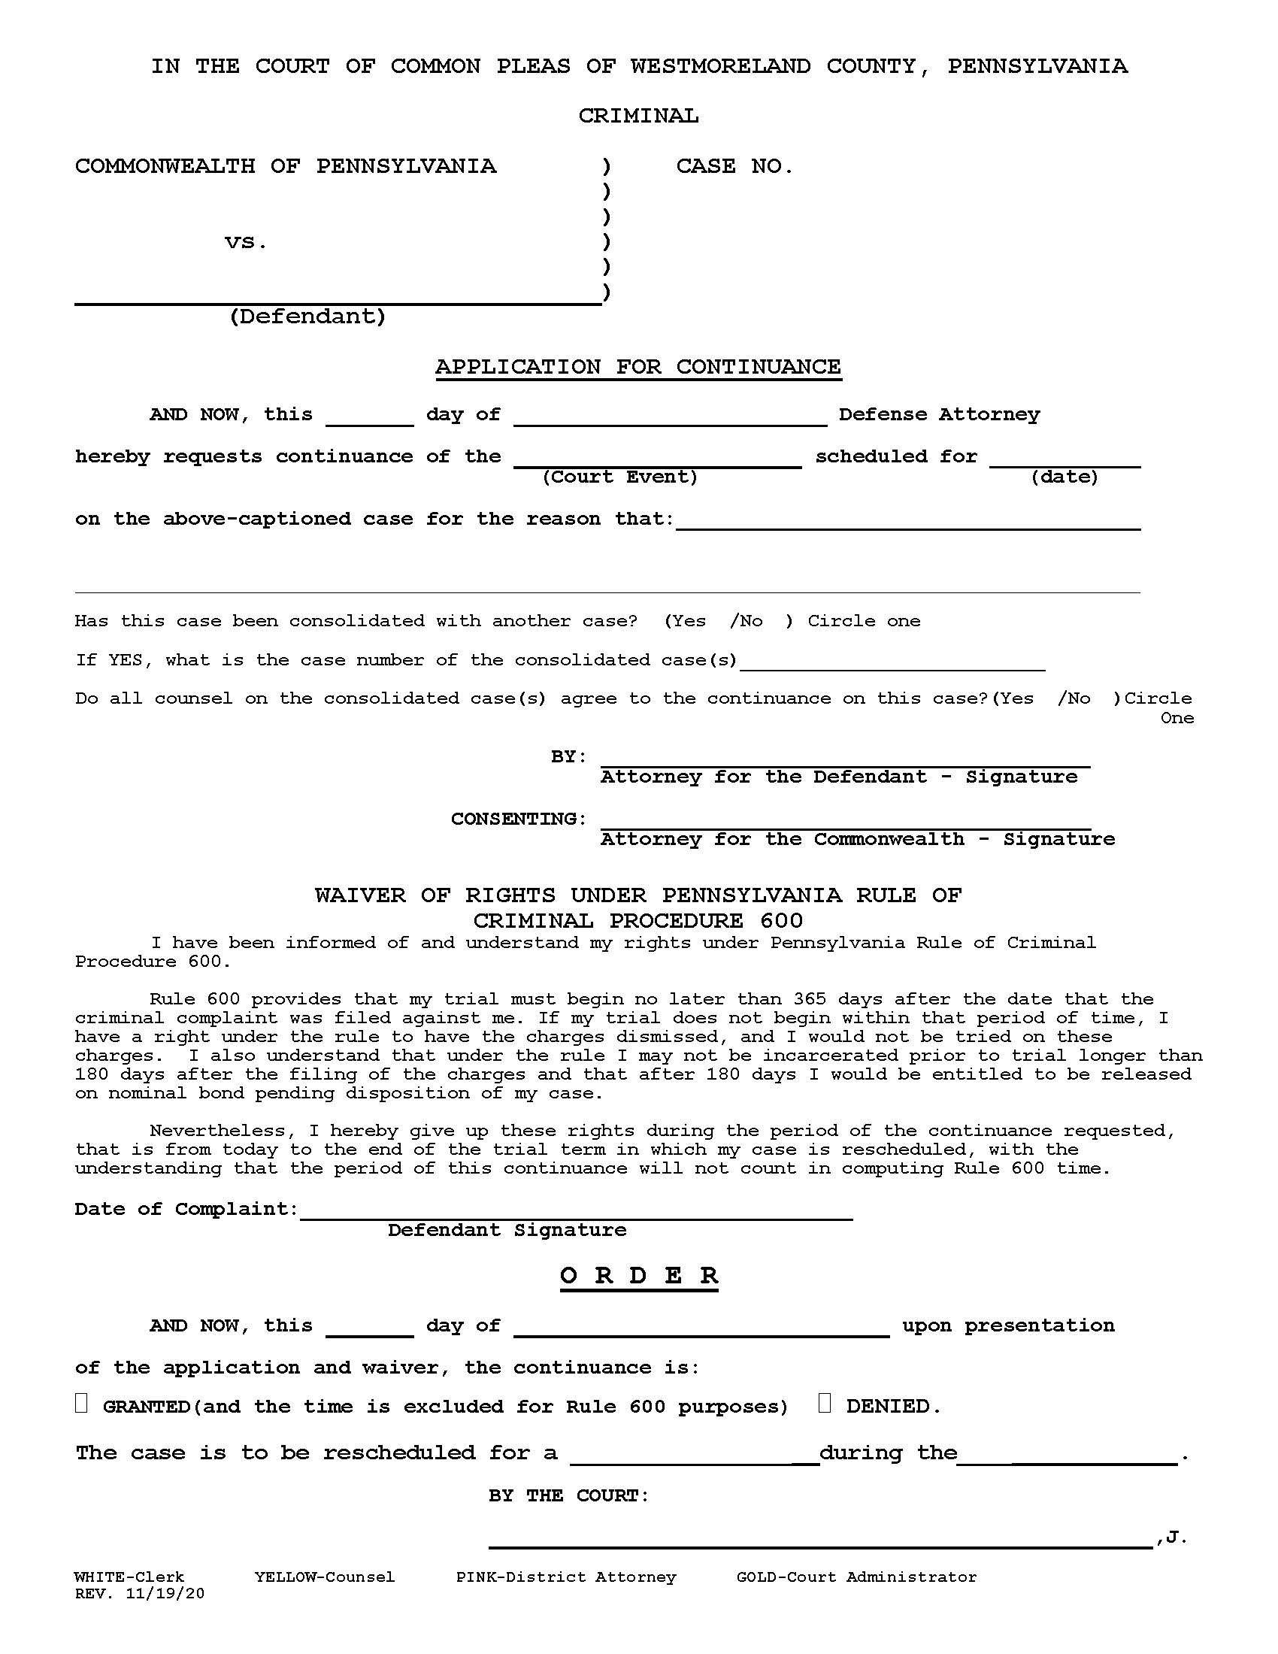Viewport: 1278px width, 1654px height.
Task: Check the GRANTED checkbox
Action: coord(81,1404)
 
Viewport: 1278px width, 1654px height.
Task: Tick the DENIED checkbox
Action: coord(825,1404)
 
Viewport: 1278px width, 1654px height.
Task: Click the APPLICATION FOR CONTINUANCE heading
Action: coord(637,368)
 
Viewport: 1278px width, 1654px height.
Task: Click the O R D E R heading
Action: coord(638,1275)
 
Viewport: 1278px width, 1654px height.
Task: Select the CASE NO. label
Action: coord(734,167)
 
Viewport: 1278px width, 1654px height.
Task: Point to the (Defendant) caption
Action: coord(307,317)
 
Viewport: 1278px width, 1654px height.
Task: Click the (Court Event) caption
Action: coord(620,477)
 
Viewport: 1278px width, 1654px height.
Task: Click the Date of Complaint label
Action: coord(186,1209)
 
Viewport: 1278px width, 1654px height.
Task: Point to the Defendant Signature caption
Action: coord(507,1230)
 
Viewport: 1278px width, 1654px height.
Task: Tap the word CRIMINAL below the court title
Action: coord(638,117)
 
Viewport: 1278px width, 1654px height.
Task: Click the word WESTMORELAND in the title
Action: coord(720,67)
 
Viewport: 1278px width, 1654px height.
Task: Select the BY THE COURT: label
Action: coord(568,1495)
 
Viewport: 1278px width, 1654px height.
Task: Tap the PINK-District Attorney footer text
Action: coord(565,1577)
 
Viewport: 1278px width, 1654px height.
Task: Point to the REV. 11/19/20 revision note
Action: coord(139,1593)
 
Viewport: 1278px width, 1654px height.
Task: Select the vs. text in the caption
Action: coord(246,242)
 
